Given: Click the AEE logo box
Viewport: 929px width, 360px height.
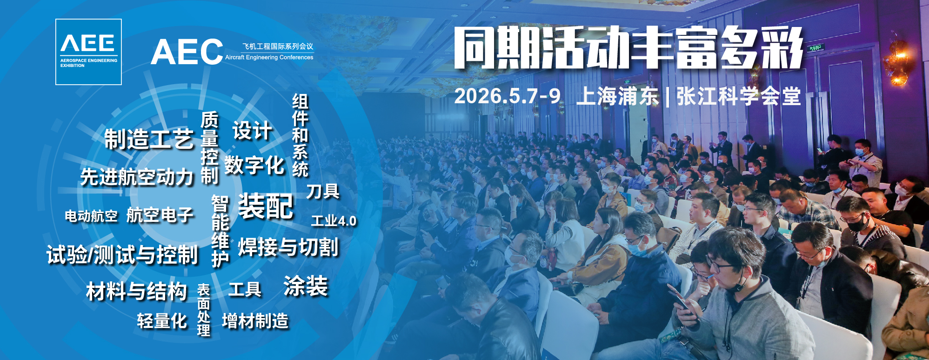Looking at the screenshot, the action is coord(88,52).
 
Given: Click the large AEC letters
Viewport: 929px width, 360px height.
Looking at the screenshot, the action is coord(187,52).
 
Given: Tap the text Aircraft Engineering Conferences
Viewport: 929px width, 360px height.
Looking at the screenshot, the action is coord(269,57).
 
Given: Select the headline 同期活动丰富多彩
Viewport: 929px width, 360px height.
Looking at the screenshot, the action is coord(629,47).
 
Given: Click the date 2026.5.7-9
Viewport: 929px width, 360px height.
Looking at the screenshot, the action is coord(508,96).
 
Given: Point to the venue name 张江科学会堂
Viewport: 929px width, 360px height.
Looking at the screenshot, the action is coord(739,96).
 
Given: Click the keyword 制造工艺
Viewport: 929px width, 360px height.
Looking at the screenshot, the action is coord(149,139).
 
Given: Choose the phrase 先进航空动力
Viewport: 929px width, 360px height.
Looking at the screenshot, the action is coord(137,177).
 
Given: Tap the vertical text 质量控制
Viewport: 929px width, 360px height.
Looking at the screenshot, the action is coord(210,148).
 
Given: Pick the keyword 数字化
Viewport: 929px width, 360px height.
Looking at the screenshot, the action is coord(254,165).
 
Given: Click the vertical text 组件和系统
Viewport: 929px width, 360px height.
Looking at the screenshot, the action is coord(301,135).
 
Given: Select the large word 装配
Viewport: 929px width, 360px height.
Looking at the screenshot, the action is coord(266,206).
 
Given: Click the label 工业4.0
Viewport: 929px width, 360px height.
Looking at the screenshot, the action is coord(334,221).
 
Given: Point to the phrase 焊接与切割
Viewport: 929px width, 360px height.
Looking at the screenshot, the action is coord(288,247).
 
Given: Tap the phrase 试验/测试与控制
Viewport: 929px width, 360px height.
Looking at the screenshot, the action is coord(122,255).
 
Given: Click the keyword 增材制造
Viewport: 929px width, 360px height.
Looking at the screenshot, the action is coord(255,321).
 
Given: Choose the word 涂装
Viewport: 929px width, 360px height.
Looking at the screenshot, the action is coord(306,286).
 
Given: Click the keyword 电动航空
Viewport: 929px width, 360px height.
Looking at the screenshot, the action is coord(91,216).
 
